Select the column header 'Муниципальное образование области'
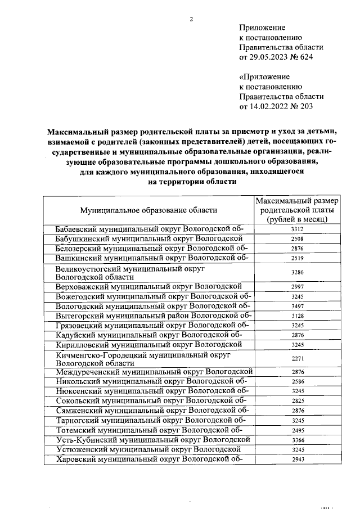(x=148, y=210)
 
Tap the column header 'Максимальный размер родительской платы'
(x=298, y=210)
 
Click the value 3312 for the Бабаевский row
(x=298, y=229)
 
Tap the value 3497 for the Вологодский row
(x=298, y=307)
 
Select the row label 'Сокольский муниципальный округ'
(x=149, y=400)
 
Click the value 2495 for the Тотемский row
(x=298, y=430)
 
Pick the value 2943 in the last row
(x=298, y=460)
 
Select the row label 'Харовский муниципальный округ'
(x=149, y=459)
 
